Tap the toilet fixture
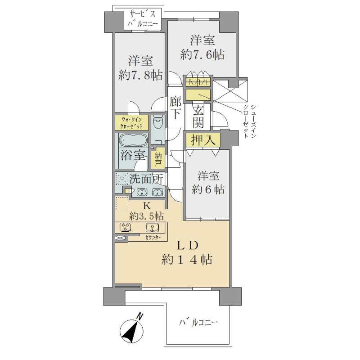157,124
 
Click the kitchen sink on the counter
152,228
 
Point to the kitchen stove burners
125,228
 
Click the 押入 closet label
203,140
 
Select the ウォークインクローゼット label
131,123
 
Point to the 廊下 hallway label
175,108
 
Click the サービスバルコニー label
143,19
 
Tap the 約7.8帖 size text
140,75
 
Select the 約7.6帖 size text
202,55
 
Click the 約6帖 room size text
208,190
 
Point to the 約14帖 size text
187,260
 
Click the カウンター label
153,238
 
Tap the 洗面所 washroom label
146,179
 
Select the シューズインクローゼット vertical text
250,121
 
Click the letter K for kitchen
147,206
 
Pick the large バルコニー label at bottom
198,323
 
